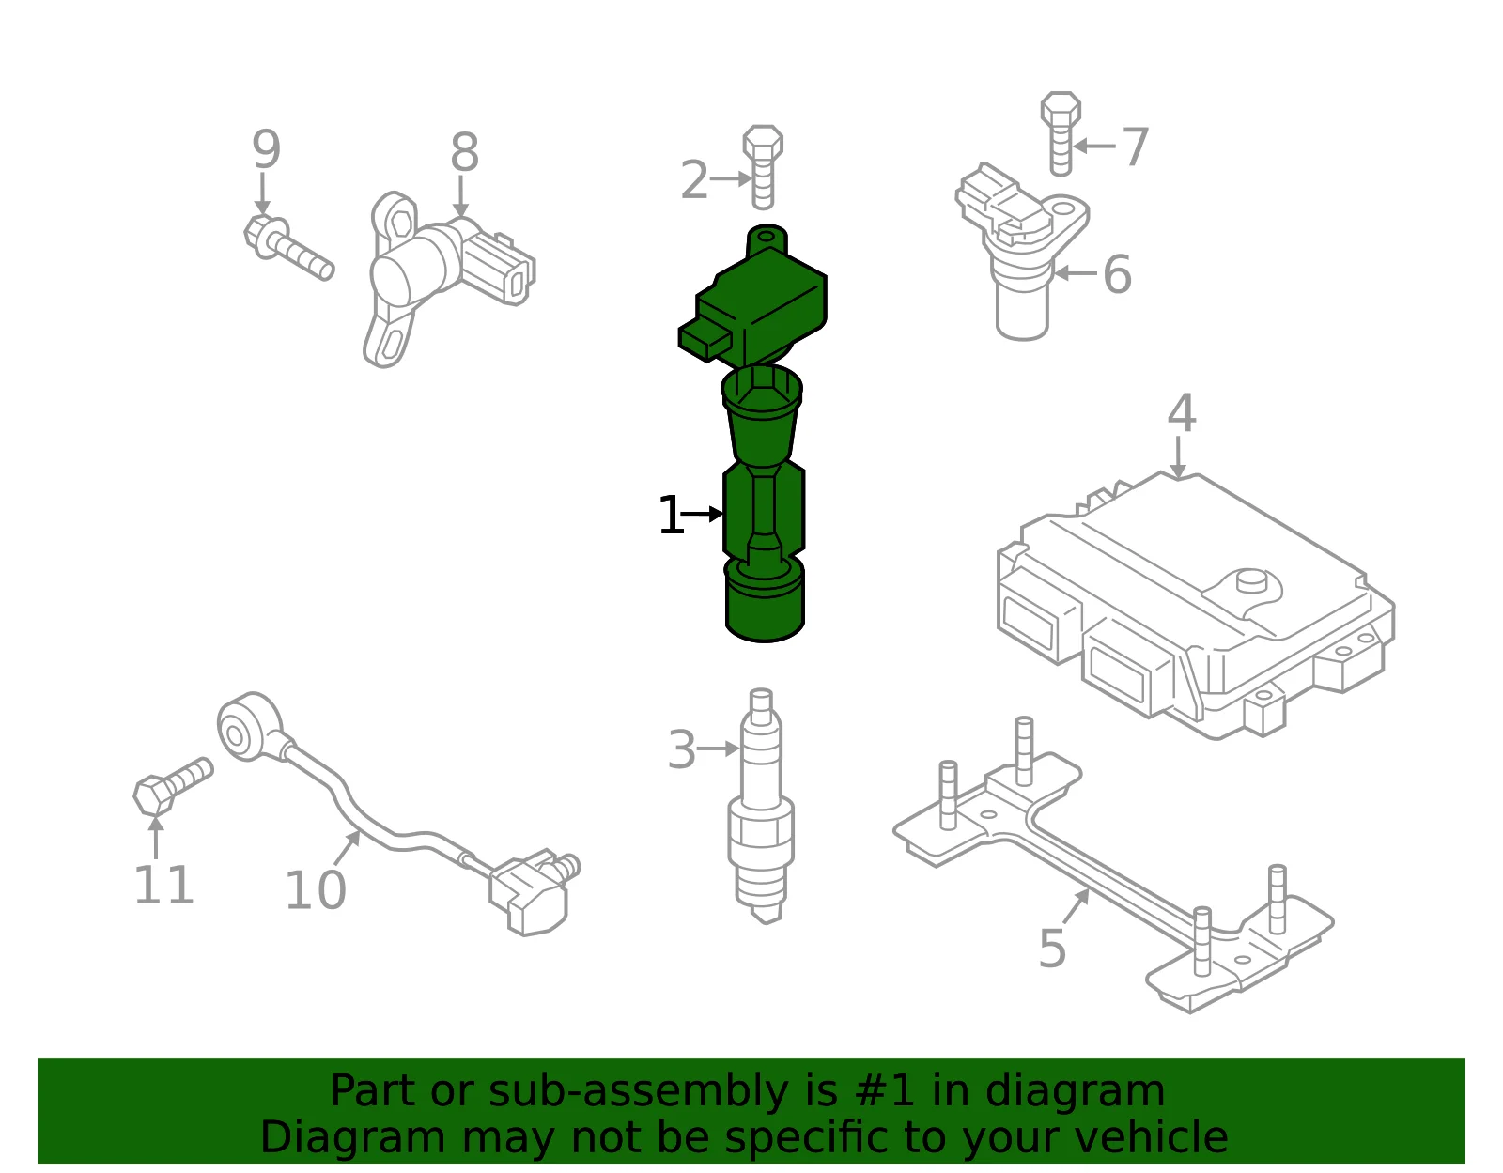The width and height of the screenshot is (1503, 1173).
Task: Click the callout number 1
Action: point(670,515)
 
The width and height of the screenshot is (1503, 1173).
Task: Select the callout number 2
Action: point(694,179)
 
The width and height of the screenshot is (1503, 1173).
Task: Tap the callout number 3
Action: point(681,749)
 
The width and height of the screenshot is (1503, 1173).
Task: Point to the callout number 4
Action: point(1182,413)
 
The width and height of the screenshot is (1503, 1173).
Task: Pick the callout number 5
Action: point(1052,949)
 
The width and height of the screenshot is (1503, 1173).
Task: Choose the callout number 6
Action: point(1117,274)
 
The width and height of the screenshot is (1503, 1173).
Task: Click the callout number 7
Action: point(1135,147)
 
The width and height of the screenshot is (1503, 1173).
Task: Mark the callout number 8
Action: point(464,152)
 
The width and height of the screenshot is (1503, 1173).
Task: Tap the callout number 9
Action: point(266,149)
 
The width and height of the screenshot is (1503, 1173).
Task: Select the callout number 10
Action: point(316,890)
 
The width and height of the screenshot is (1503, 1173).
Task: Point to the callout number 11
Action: point(163,885)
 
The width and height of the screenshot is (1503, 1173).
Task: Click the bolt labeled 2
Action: point(763,166)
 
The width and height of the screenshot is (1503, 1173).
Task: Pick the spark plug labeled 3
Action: point(761,806)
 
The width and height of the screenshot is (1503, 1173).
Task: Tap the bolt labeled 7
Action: point(1061,133)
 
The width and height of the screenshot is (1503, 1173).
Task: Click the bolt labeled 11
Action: point(173,786)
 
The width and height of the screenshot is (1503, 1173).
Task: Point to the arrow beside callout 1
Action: point(703,515)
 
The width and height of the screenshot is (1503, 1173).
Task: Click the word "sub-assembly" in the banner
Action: point(639,1090)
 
